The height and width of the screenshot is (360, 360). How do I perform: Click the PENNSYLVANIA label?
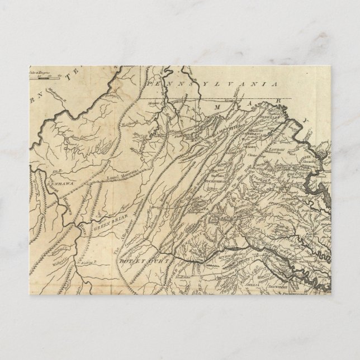coord(213,83)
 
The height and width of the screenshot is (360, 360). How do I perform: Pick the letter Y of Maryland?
coord(306,121)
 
